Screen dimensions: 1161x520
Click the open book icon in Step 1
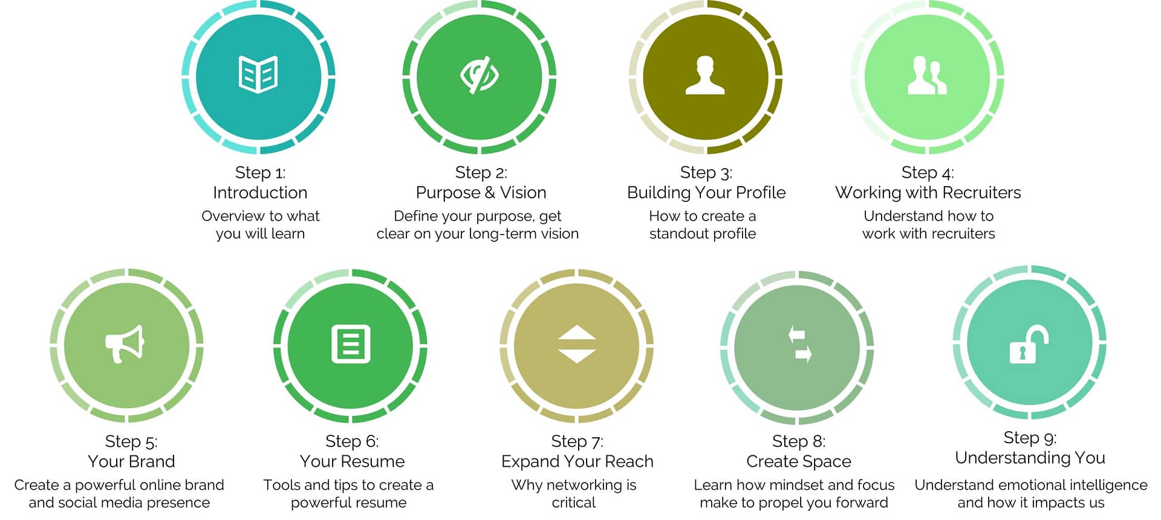258,74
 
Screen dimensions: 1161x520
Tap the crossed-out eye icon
480,75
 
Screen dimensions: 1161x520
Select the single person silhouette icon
705,75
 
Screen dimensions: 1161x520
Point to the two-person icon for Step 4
927,75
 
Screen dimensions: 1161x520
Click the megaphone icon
125,344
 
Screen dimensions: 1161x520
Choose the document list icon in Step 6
351,344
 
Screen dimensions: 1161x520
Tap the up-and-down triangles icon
577,344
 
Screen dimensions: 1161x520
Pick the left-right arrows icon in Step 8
799,344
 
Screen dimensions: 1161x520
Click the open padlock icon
1029,344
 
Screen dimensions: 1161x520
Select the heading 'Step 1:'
260,173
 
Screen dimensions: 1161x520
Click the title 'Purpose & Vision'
481,193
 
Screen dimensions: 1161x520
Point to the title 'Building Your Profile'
706,193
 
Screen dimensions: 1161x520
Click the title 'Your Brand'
131,461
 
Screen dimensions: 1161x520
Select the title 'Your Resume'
352,461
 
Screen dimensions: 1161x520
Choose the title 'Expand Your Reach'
577,461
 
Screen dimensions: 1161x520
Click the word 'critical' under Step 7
574,502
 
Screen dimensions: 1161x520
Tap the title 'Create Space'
799,461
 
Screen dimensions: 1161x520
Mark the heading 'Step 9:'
1030,438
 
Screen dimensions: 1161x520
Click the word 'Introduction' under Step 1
260,193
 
